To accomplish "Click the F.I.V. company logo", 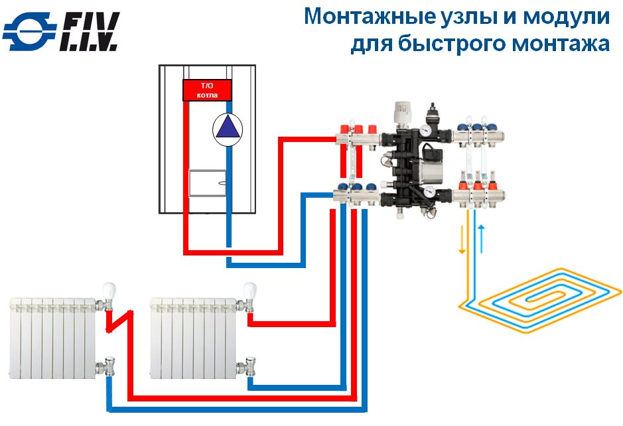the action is tap(61, 32).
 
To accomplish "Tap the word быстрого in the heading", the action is tap(452, 43).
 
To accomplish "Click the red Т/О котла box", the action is tap(207, 90).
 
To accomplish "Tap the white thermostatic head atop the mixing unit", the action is tap(403, 111).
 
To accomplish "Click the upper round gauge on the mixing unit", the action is tap(425, 130).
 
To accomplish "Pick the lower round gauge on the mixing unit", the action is tap(429, 192).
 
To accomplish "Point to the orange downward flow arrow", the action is tap(462, 240).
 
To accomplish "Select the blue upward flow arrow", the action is tap(481, 239).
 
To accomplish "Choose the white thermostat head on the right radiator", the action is tap(249, 290).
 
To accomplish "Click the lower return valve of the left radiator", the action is tap(106, 366).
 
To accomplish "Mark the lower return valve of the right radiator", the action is tap(246, 366).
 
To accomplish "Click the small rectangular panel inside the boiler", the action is tap(208, 182).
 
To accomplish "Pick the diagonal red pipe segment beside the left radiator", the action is tap(119, 321).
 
